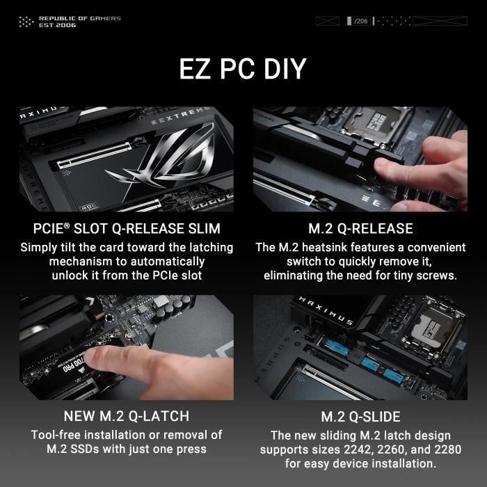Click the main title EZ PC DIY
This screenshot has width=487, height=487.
pos(243,70)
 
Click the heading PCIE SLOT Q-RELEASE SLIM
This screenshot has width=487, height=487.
pos(127,229)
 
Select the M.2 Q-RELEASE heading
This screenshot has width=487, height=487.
pos(360,229)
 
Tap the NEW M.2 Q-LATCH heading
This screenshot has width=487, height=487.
pos(126,417)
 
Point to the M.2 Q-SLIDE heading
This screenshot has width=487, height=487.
pos(360,417)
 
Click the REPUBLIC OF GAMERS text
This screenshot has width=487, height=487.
pos(79,18)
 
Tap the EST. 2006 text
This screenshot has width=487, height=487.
pos(58,25)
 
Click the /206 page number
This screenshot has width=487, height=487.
pos(360,22)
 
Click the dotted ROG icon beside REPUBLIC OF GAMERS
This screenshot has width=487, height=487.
pos(26,22)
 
